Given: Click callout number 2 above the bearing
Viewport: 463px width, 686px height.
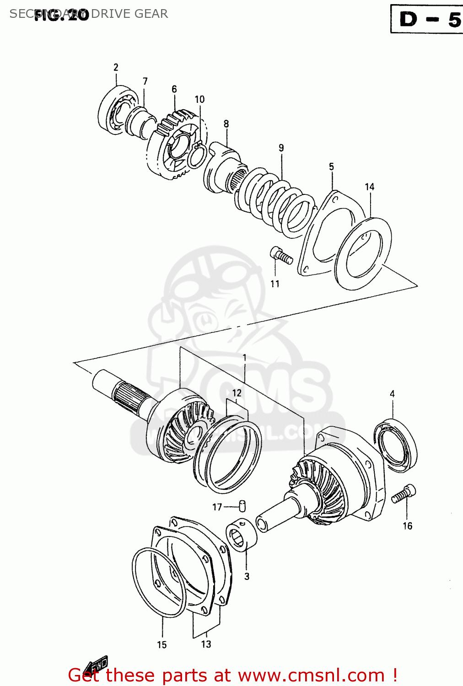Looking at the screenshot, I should point(116,67).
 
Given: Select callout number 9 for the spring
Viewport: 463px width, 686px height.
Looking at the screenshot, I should point(281,148).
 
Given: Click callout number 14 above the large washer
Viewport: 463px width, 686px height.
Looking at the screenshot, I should point(370,187).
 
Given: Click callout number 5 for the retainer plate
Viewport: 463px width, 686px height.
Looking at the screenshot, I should point(331,166).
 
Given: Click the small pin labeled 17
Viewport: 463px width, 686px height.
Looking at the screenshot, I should point(242,505).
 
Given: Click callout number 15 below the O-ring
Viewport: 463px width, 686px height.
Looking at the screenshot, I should point(162,644).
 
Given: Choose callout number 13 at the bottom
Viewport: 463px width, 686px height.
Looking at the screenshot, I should point(206,644).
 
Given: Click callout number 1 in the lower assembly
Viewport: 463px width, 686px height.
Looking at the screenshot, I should point(245,358).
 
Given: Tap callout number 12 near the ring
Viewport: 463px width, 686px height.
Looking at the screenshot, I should point(237,393).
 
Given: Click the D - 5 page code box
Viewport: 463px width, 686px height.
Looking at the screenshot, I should point(426,19).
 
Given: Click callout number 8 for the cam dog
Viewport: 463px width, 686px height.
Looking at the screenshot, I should point(226,123).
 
